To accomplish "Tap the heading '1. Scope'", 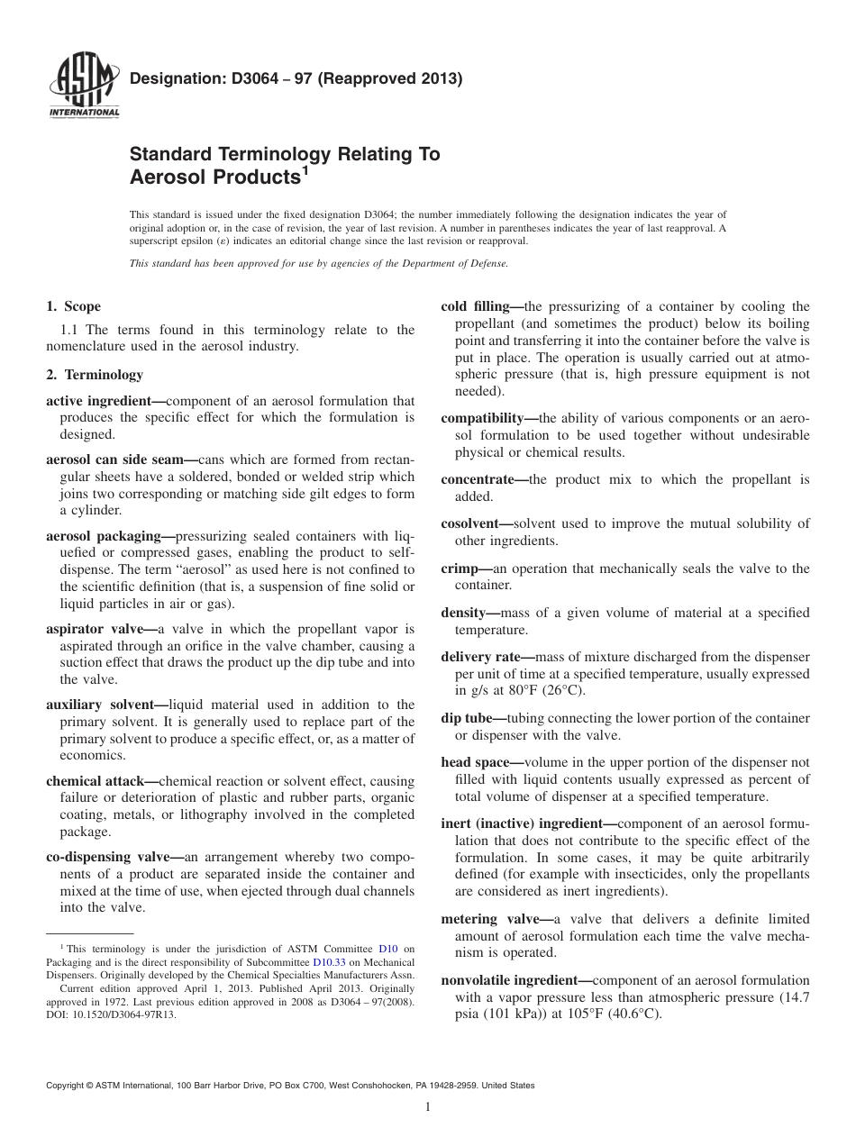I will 73,306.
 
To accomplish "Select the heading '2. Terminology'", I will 95,374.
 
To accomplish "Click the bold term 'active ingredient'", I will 103,400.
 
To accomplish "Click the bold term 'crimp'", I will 460,568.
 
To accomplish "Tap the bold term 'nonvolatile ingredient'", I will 511,980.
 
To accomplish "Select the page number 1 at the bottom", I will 428,1107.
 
